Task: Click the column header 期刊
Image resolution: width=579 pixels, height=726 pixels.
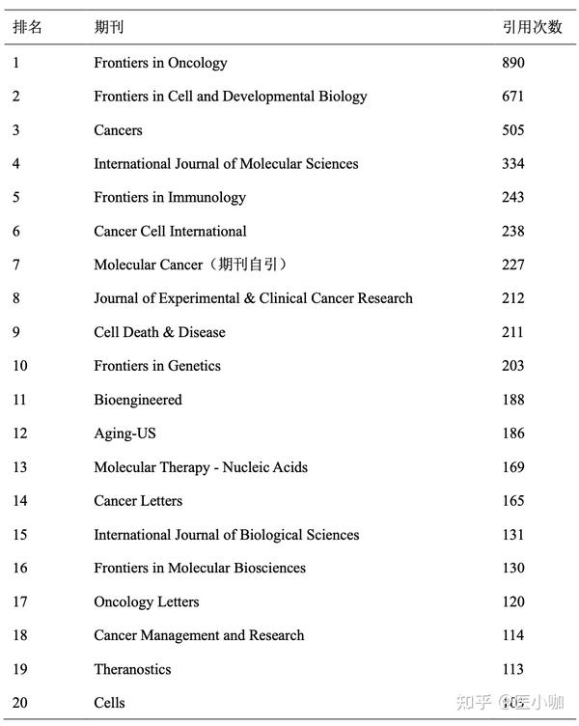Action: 109,27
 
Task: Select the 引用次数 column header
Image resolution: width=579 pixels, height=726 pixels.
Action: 532,27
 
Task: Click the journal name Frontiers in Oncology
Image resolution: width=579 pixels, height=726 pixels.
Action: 160,63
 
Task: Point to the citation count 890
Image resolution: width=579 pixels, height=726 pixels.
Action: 512,63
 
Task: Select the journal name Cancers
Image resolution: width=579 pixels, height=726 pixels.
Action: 118,130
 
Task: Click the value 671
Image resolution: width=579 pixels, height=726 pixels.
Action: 512,97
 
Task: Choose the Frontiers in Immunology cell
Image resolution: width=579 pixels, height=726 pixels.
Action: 169,198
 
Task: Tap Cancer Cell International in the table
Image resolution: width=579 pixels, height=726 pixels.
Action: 170,232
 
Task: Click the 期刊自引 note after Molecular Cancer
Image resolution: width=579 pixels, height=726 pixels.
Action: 248,265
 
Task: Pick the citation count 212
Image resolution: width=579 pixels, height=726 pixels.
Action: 512,298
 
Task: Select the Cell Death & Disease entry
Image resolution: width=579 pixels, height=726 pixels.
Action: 159,332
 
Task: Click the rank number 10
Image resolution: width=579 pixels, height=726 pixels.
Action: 19,366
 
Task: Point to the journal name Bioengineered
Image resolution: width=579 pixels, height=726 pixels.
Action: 137,400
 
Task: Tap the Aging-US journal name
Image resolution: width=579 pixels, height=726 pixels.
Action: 124,433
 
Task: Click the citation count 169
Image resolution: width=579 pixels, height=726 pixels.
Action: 512,467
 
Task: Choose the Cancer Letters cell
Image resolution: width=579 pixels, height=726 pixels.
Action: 138,501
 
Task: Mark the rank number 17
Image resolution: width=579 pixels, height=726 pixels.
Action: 19,601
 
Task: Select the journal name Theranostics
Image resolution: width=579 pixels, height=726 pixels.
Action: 132,669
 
